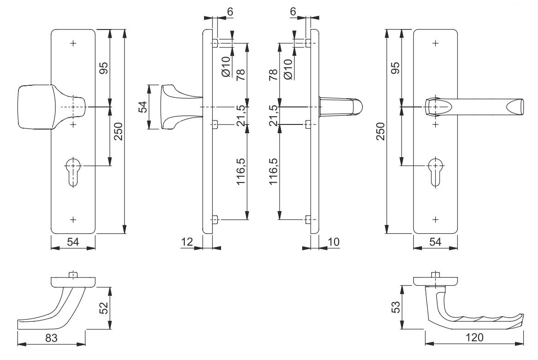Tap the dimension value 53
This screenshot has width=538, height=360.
[396, 307]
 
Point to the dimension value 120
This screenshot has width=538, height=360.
[475, 337]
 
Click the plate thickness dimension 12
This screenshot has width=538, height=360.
[187, 242]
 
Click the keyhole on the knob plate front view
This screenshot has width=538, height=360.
[73, 172]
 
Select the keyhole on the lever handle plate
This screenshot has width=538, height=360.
[435, 172]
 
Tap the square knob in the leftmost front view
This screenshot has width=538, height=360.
[35, 107]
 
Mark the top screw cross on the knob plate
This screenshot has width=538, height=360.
[73, 43]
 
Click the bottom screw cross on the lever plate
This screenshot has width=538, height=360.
[436, 219]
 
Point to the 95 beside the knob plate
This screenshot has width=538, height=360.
[103, 68]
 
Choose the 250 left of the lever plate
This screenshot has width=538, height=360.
[381, 131]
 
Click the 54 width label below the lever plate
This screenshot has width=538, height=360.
[435, 242]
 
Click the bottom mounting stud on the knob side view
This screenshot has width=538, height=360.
[215, 219]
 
